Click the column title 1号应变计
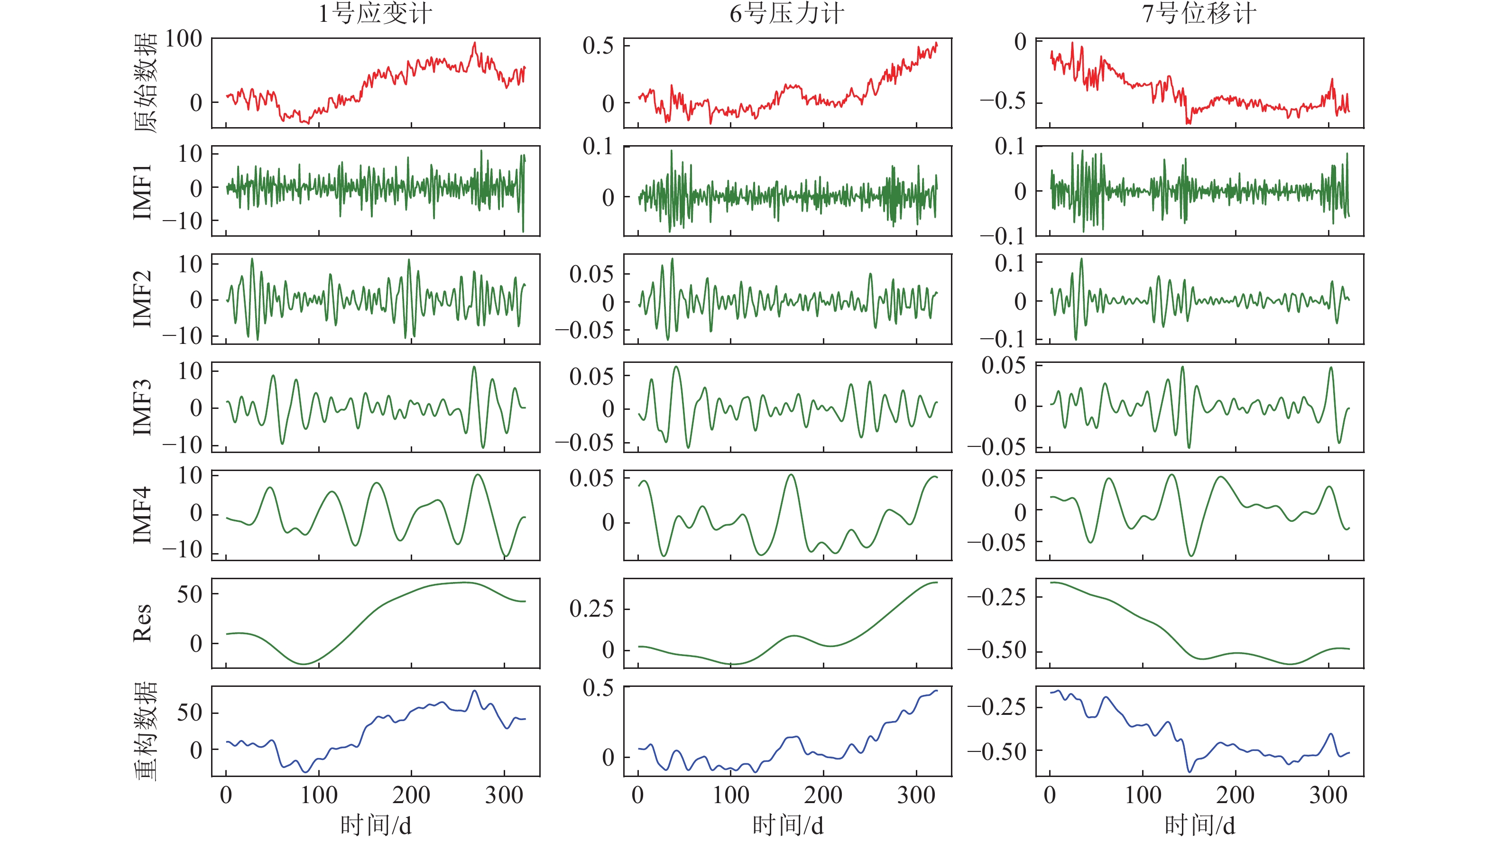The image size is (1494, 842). point(375,14)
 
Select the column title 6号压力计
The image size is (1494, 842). point(787,14)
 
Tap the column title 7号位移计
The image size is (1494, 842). point(1199,14)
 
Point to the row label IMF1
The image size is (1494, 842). point(143,191)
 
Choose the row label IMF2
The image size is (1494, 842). point(143,299)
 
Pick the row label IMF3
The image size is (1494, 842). point(143,407)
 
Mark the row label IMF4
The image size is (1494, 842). point(143,515)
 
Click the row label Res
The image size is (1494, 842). point(143,623)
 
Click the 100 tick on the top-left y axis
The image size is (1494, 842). point(183,39)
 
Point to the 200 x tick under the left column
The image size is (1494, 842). point(411,795)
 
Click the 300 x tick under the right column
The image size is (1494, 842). point(1328,795)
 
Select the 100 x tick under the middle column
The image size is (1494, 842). point(731,795)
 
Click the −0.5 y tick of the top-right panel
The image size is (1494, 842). point(1003,101)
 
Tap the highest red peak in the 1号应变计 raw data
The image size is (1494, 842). point(474,43)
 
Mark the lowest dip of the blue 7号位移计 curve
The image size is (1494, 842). point(1190,772)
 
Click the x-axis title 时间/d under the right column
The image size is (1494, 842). point(1200,824)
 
